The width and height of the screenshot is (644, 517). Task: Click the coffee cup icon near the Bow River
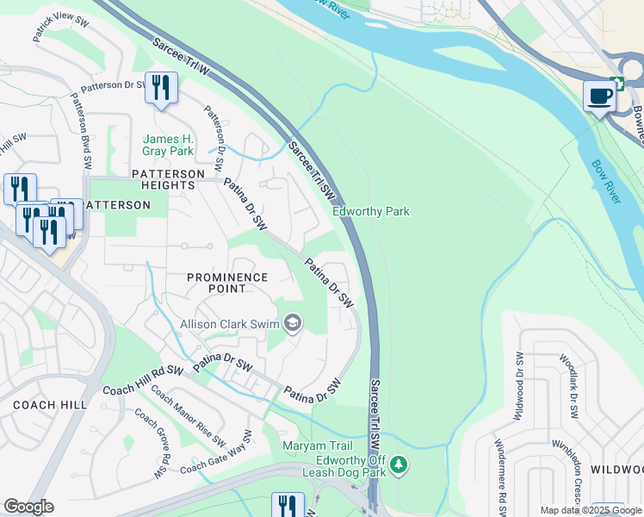tap(599, 96)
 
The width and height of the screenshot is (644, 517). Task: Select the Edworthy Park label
tap(371, 211)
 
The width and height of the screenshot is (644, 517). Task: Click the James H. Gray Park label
tap(168, 145)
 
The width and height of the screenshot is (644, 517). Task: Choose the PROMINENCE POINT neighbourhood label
tap(228, 283)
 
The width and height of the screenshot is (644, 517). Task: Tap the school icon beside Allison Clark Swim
tap(293, 323)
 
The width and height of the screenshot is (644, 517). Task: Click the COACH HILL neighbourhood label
tap(46, 404)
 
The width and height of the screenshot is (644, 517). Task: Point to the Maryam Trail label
tap(318, 445)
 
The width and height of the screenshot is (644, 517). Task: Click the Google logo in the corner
tap(28, 507)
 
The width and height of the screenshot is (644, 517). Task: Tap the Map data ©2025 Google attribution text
tap(591, 510)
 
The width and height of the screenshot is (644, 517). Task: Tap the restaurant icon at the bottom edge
tap(287, 506)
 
